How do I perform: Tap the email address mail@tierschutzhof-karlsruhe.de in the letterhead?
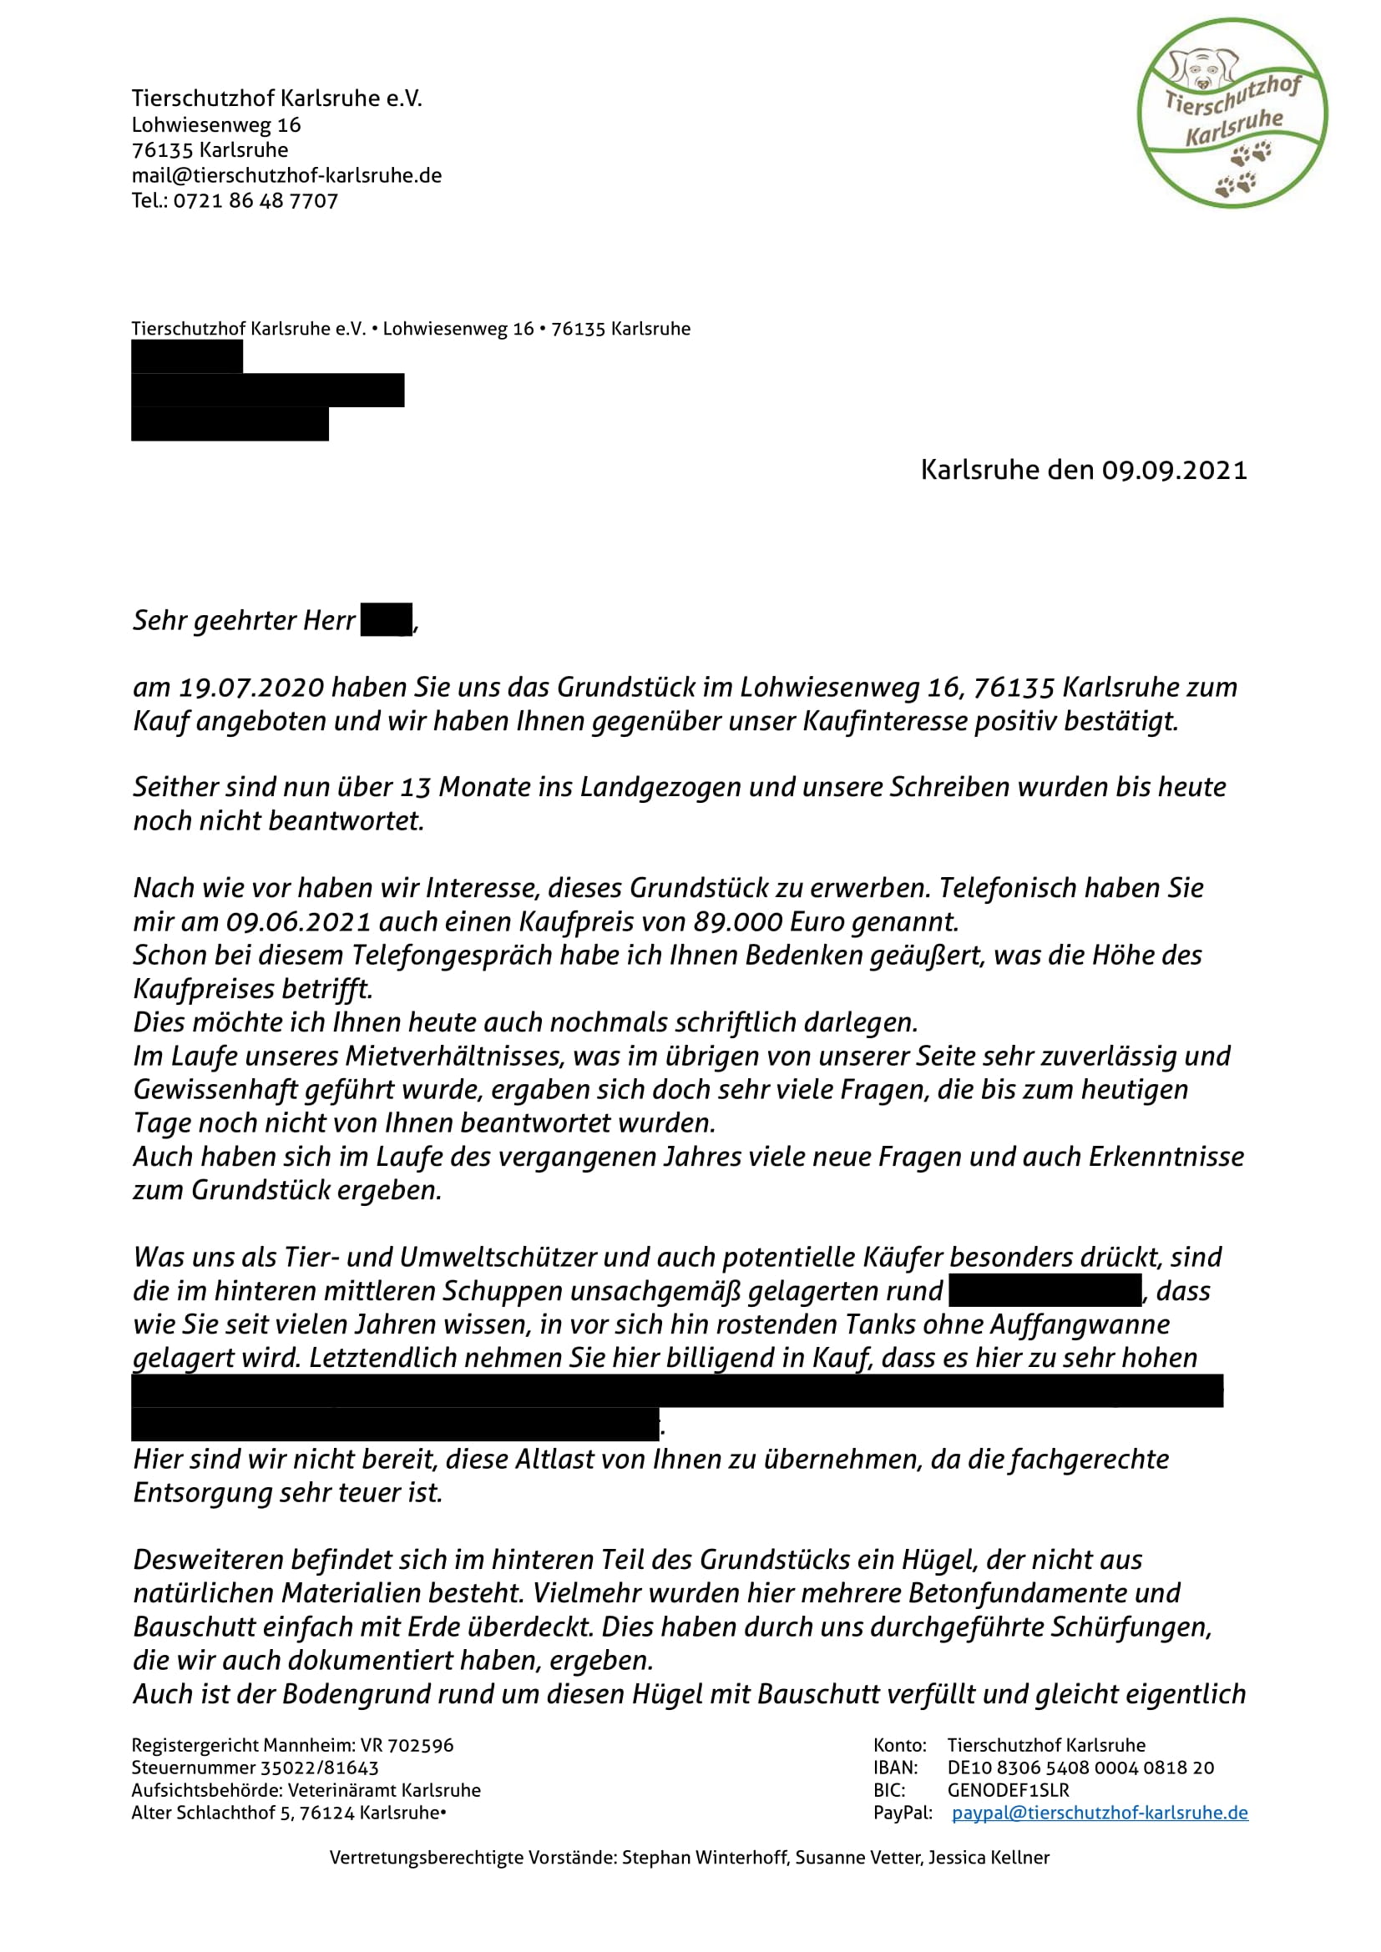(286, 175)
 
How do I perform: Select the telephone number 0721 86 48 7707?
(256, 200)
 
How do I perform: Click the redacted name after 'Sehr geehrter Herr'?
(387, 620)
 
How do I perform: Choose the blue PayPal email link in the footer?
(1100, 1812)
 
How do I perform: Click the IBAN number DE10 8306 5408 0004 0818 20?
(1080, 1768)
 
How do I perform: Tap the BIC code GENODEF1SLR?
(1009, 1789)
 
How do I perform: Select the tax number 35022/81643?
(320, 1768)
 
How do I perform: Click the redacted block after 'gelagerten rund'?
(1045, 1290)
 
